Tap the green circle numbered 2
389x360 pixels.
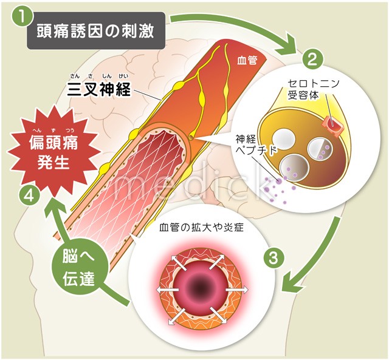[x=312, y=59]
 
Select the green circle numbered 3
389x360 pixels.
[x=274, y=257]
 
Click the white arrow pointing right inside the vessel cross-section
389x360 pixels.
[x=239, y=290]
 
